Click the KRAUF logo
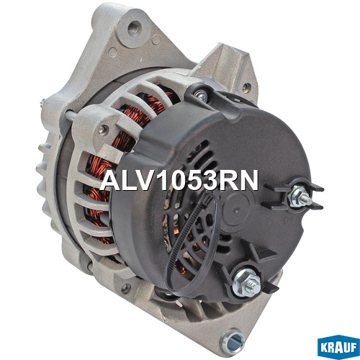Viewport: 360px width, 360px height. [338, 347]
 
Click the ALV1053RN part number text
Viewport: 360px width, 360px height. [179, 181]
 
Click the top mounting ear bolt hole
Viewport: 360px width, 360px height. [134, 28]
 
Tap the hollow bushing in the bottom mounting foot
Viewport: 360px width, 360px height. [233, 341]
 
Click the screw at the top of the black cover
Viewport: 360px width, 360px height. [201, 96]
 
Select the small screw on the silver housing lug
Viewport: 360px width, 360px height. [103, 130]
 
